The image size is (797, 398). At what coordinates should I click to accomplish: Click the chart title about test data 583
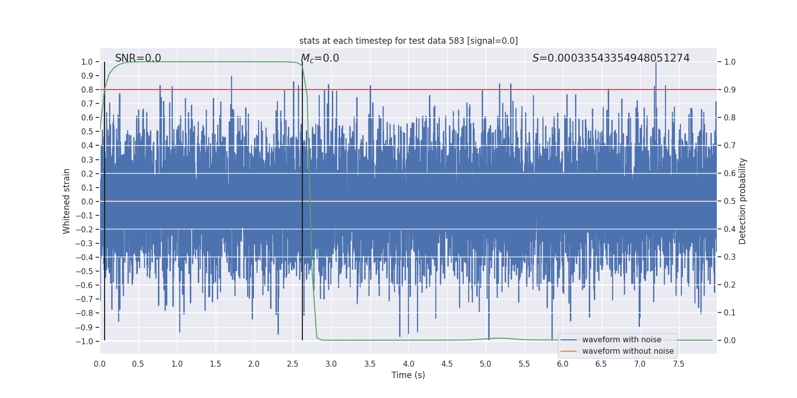click(408, 41)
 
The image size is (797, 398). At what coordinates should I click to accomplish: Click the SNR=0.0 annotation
click(138, 58)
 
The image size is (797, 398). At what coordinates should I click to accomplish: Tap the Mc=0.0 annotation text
click(320, 58)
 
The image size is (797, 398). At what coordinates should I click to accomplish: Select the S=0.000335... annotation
click(611, 58)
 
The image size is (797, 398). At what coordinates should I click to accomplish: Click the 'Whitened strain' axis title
click(67, 201)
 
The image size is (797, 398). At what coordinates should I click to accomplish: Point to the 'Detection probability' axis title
click(743, 201)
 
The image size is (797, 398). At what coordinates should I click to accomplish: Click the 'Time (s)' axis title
click(408, 375)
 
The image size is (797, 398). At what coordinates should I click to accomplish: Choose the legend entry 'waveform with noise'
click(622, 340)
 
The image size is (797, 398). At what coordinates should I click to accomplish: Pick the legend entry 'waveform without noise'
click(628, 351)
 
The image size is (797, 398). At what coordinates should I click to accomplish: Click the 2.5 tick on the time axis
click(292, 364)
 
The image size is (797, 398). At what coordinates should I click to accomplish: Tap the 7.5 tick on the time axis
click(678, 364)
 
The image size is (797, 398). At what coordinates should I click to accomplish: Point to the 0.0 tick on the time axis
click(100, 364)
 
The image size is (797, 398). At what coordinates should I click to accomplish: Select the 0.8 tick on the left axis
click(87, 90)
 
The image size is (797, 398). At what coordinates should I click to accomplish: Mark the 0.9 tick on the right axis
click(730, 90)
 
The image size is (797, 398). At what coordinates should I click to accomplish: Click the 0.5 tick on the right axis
click(730, 201)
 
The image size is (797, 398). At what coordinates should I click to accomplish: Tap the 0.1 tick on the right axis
click(730, 313)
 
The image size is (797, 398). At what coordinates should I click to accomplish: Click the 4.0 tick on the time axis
click(408, 364)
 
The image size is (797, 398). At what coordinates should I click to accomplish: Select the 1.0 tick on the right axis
click(730, 62)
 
